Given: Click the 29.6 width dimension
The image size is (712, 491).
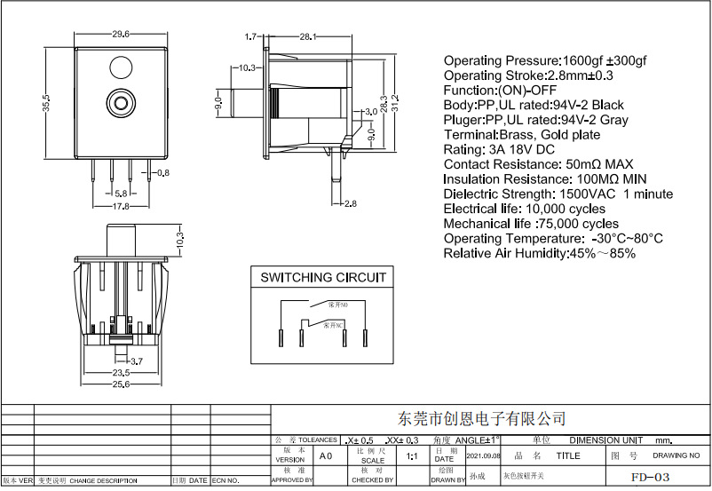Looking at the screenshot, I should [x=122, y=34].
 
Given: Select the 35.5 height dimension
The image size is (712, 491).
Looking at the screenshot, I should [x=44, y=103].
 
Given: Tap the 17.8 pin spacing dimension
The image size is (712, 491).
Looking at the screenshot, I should [x=121, y=206].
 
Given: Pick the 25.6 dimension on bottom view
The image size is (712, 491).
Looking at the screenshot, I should [x=122, y=384].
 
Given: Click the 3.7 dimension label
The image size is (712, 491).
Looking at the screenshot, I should [x=137, y=361].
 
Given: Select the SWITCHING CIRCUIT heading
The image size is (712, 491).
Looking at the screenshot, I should [x=323, y=277].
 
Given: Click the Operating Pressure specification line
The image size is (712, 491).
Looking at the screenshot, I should [x=545, y=60].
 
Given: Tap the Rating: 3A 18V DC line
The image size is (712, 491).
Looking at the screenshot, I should [x=498, y=149].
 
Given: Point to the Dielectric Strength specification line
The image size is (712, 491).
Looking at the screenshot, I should [x=558, y=194].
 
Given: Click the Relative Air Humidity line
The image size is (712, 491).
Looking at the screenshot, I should [x=539, y=253].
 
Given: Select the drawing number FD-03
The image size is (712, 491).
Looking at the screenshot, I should [x=651, y=477].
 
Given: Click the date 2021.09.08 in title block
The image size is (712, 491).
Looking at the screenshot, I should [x=484, y=455].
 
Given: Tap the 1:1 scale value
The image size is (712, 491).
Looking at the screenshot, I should [x=412, y=456].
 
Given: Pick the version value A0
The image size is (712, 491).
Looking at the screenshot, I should [x=326, y=455].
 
